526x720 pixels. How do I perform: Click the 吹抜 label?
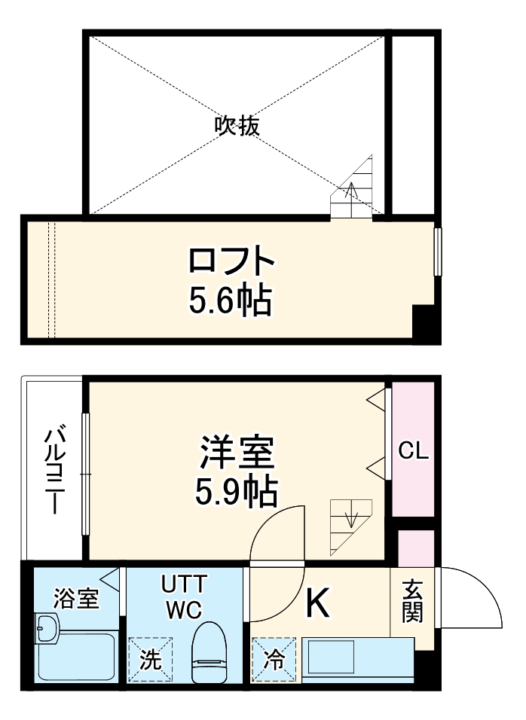click(237, 125)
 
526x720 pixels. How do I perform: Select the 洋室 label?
click(236, 454)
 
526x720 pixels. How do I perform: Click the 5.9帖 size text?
click(236, 493)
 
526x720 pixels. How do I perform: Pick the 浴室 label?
click(76, 599)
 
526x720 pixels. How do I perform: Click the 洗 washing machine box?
click(150, 661)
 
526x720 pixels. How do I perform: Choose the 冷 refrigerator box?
click(274, 661)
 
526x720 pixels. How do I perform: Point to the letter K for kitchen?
click(318, 603)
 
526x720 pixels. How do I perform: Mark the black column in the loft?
click(424, 325)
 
